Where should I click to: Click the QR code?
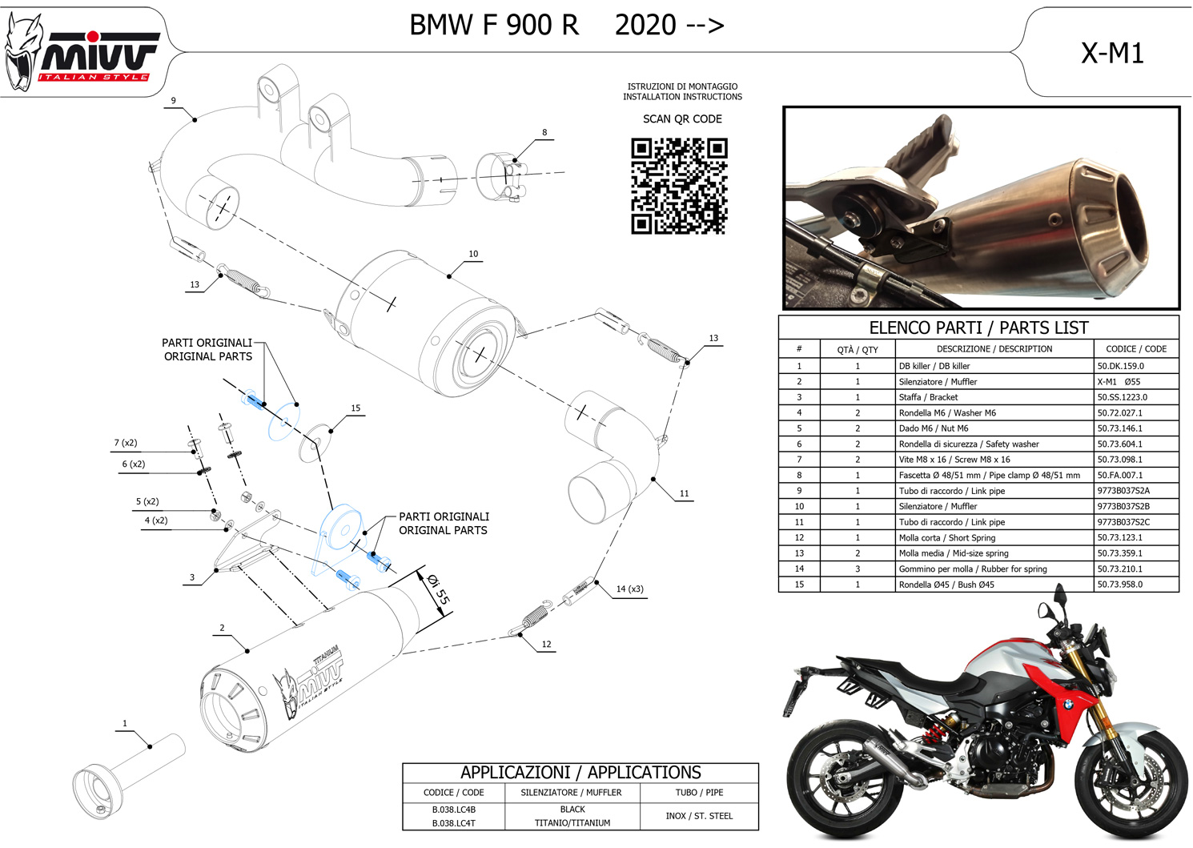pyautogui.click(x=679, y=186)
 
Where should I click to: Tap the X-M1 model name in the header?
pyautogui.click(x=1112, y=53)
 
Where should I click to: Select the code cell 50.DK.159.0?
pyautogui.click(x=1120, y=366)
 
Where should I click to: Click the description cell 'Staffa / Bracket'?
pyautogui.click(x=928, y=397)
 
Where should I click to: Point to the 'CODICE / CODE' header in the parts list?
pyautogui.click(x=1135, y=349)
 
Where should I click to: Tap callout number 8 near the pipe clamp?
pyautogui.click(x=544, y=133)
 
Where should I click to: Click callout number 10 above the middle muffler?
pyautogui.click(x=473, y=254)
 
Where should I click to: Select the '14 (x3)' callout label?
pyautogui.click(x=629, y=589)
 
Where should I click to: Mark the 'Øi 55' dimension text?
pyautogui.click(x=438, y=589)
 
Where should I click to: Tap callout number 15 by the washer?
pyautogui.click(x=355, y=408)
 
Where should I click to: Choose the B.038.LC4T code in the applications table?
pyautogui.click(x=454, y=823)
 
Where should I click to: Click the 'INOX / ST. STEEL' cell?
pyautogui.click(x=699, y=816)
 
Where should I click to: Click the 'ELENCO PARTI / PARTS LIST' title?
pyautogui.click(x=978, y=328)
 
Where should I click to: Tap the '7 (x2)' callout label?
pyautogui.click(x=125, y=443)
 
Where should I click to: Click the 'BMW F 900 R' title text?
pyautogui.click(x=493, y=26)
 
